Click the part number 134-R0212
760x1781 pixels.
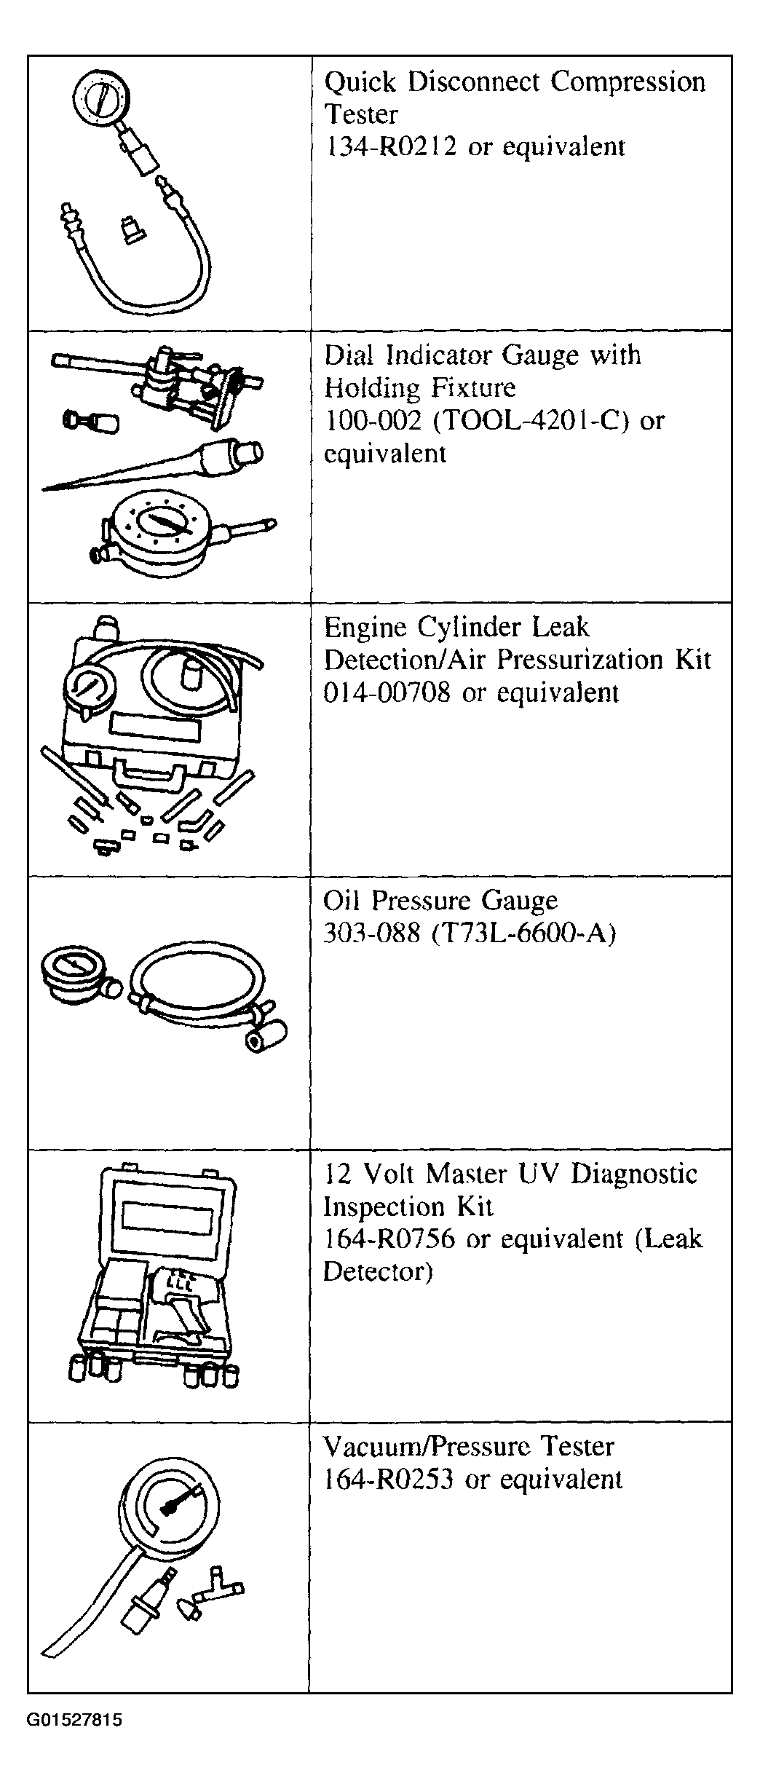pyautogui.click(x=390, y=147)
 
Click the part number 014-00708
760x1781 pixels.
pyautogui.click(x=387, y=692)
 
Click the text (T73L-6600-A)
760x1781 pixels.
pyautogui.click(x=523, y=933)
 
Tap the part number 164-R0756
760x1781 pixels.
pyautogui.click(x=389, y=1239)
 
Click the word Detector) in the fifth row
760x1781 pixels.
pyautogui.click(x=378, y=1271)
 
